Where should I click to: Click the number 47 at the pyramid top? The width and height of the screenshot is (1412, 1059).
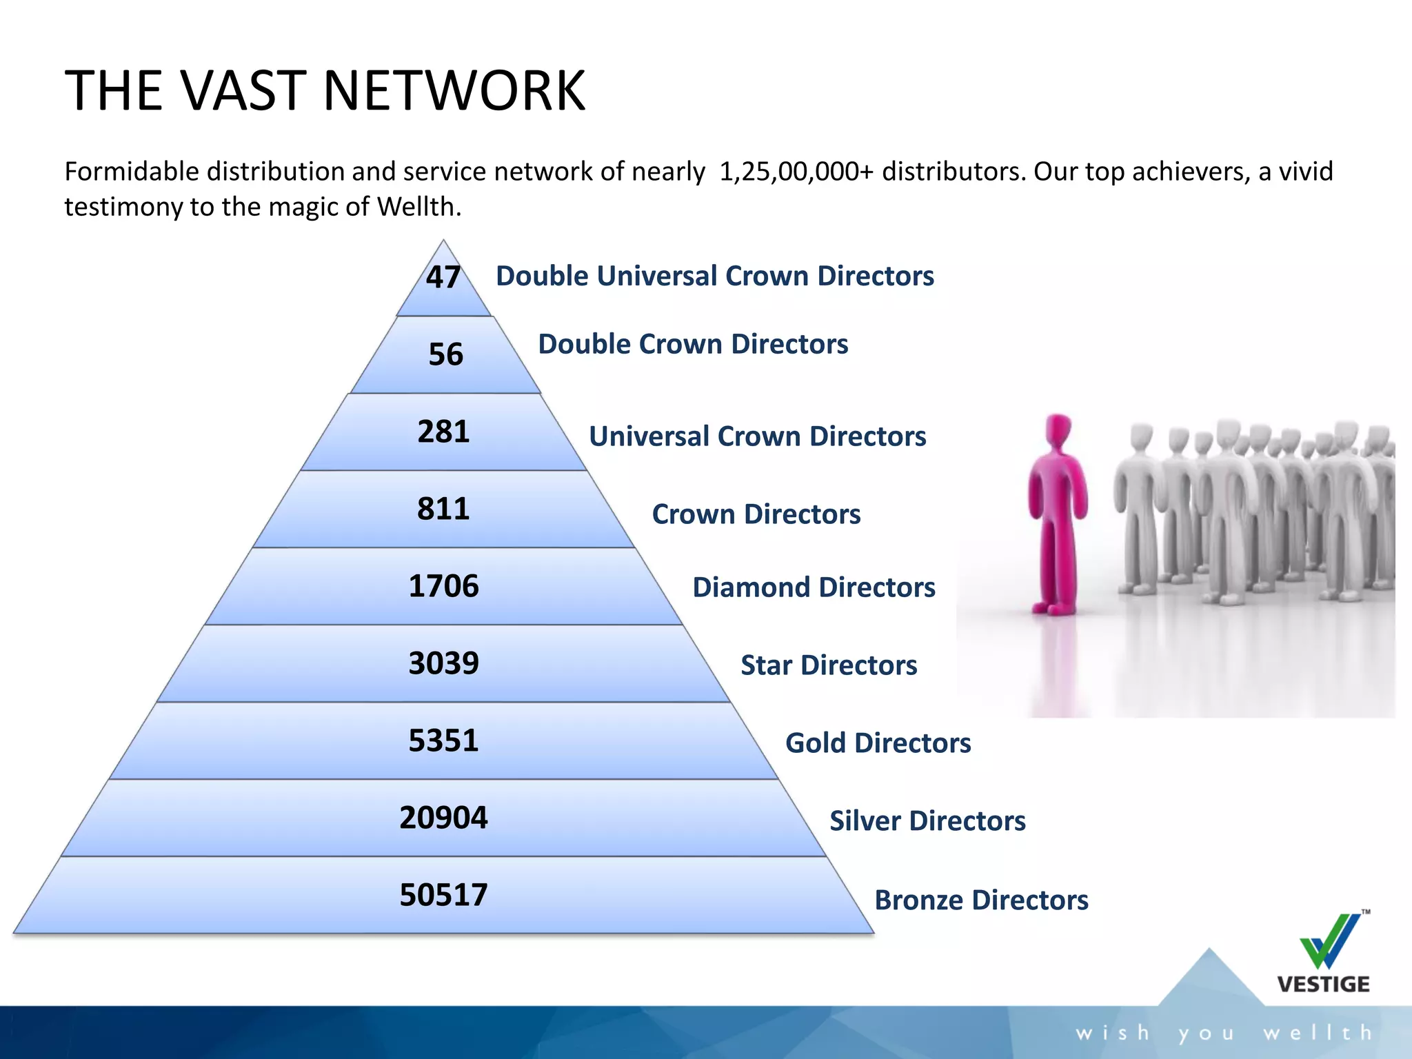(x=443, y=277)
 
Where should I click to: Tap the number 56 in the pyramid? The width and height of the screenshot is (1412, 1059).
(x=445, y=354)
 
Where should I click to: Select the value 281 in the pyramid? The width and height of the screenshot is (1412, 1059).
(x=443, y=432)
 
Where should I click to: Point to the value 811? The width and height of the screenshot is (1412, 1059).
(x=443, y=509)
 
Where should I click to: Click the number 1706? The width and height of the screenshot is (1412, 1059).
(x=443, y=586)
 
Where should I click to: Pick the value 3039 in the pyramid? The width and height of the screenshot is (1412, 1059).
(x=443, y=663)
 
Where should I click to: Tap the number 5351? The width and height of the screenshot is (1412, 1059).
(x=443, y=740)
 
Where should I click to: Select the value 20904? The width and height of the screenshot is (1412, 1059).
(x=443, y=818)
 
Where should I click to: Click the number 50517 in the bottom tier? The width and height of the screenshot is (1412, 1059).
(x=443, y=895)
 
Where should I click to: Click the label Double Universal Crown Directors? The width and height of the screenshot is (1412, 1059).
(x=714, y=276)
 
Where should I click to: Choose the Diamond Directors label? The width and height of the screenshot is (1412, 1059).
(x=814, y=587)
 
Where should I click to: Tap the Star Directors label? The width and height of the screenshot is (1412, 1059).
(x=829, y=665)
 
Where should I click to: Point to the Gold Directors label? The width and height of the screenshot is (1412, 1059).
(x=878, y=743)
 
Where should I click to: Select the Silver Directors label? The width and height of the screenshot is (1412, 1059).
(x=927, y=821)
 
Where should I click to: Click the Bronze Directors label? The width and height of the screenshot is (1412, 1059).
(x=981, y=900)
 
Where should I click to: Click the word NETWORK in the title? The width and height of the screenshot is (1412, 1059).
(x=454, y=90)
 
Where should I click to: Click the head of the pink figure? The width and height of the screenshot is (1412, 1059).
(x=1058, y=430)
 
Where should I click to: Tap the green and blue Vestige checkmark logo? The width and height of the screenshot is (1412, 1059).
(x=1330, y=941)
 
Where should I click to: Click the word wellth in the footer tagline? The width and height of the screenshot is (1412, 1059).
(x=1318, y=1033)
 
